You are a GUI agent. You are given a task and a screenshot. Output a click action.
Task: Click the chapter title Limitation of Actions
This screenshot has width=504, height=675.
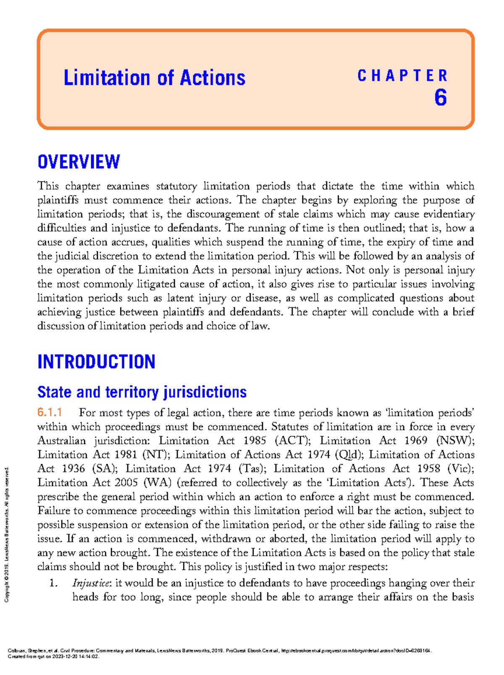click(x=154, y=78)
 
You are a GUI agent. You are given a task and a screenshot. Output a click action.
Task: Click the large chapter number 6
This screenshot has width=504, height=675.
click(x=440, y=98)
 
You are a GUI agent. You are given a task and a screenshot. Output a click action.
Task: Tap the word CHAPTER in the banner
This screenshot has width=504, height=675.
click(x=402, y=76)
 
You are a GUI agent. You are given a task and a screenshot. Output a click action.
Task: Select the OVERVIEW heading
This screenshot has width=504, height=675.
click(x=79, y=162)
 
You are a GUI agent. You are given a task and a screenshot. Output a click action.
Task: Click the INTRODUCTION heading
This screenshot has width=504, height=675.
click(x=96, y=362)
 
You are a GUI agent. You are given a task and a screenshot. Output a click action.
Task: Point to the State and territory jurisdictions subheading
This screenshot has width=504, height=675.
click(x=142, y=392)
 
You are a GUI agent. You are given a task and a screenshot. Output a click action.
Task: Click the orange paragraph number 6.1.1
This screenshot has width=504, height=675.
click(x=50, y=413)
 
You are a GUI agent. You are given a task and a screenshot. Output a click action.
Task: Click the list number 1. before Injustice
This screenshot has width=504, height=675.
click(x=53, y=583)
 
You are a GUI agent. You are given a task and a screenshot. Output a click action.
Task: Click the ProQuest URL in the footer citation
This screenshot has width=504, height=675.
click(x=355, y=651)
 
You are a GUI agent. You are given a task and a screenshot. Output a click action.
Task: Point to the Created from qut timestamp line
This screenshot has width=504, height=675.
click(x=54, y=657)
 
